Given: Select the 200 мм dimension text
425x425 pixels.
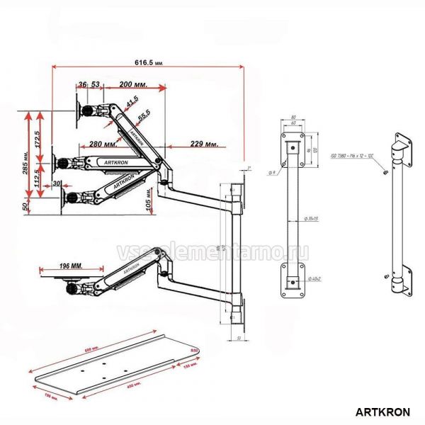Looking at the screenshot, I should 134,84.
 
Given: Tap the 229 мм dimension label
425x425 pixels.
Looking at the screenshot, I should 204,144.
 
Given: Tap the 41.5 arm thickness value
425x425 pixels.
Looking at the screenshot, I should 131,104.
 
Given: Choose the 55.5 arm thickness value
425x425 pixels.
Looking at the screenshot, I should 144,115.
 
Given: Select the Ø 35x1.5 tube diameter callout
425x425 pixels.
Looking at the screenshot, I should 310,218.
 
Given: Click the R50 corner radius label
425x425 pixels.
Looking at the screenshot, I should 195,350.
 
